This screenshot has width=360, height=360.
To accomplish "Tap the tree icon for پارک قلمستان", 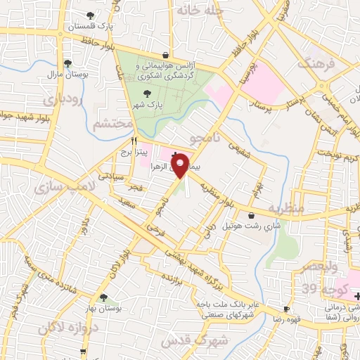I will point(90,15).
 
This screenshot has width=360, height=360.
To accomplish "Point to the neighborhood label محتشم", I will point(112,124).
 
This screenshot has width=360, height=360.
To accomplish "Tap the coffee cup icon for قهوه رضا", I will point(286,309).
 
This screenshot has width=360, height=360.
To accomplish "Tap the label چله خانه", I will point(200,11).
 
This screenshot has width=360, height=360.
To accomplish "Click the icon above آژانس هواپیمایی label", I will point(165,54).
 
